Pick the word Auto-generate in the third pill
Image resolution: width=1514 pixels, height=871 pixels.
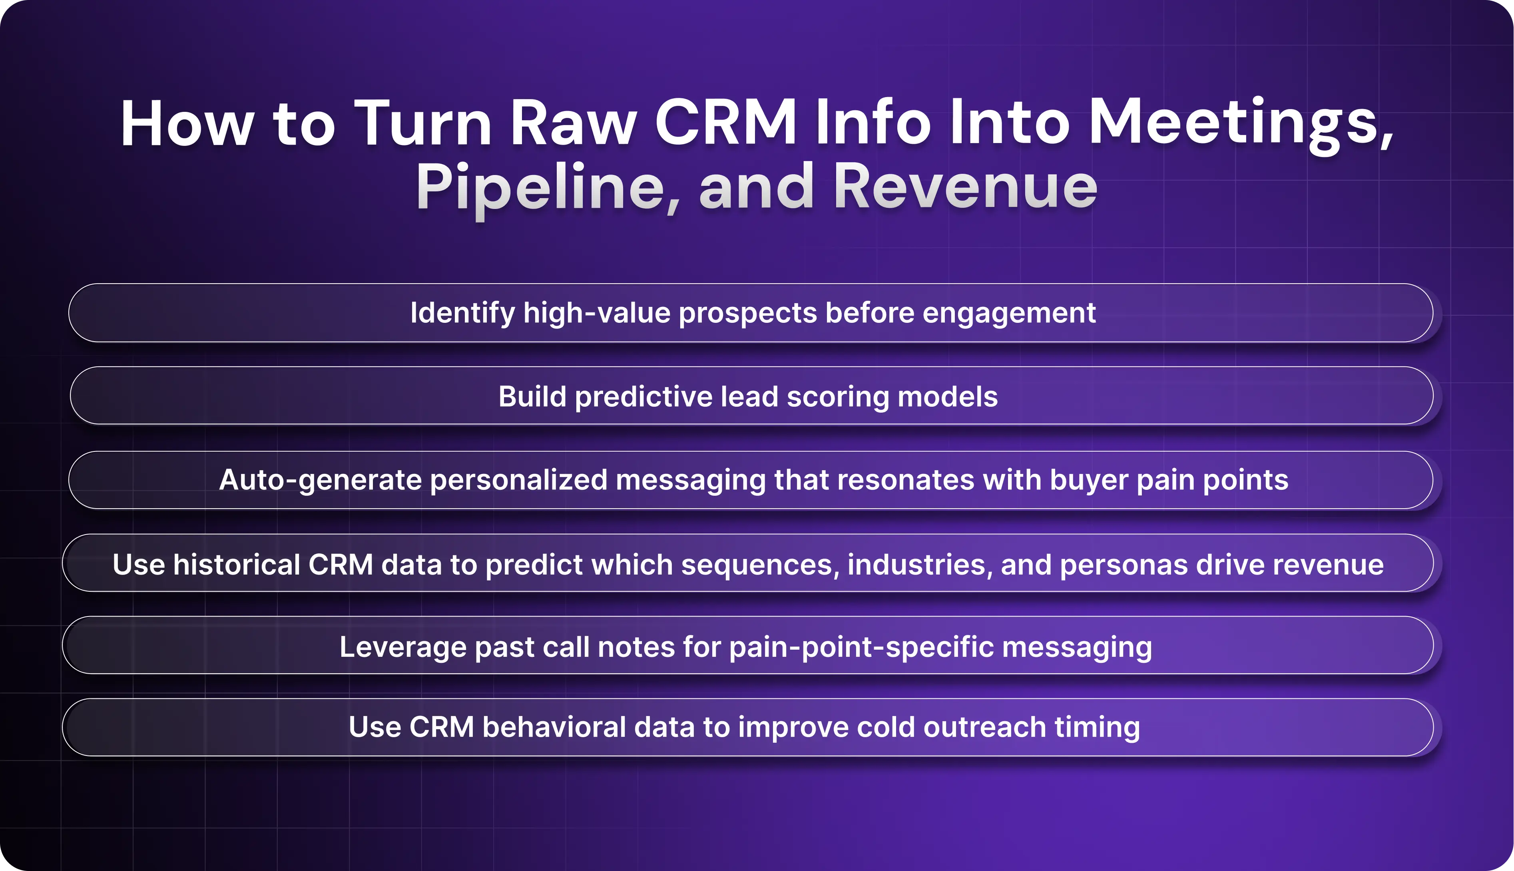coord(320,480)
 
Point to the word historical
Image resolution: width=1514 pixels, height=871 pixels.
coord(236,565)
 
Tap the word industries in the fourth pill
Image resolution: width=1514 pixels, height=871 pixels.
coord(920,565)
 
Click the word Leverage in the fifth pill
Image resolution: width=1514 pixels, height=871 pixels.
coord(403,647)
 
